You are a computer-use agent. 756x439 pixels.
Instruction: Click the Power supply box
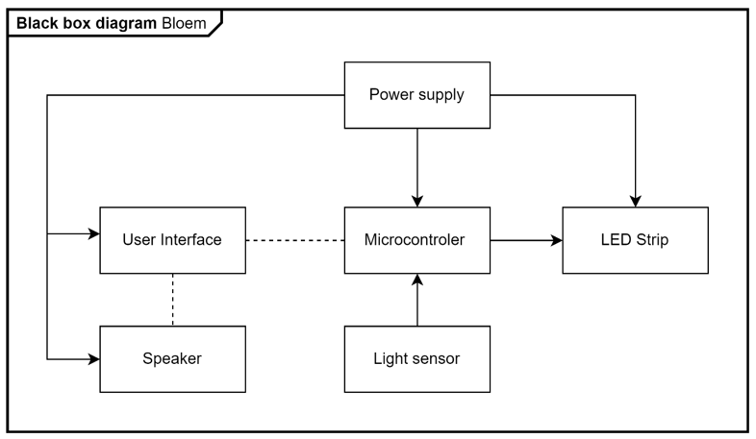pyautogui.click(x=417, y=95)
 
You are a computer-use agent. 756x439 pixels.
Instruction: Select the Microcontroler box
pyautogui.click(x=417, y=240)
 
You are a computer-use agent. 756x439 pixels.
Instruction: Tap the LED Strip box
pyautogui.click(x=635, y=240)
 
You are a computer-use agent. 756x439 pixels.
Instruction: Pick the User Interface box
pyautogui.click(x=172, y=240)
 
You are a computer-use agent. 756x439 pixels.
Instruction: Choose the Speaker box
pyautogui.click(x=172, y=359)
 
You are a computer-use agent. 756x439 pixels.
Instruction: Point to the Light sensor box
pyautogui.click(x=417, y=359)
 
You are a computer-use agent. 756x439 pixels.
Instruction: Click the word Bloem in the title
pyautogui.click(x=184, y=23)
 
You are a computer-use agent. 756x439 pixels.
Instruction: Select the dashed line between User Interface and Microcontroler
pyautogui.click(x=295, y=240)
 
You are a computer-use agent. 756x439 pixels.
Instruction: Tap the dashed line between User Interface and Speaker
pyautogui.click(x=172, y=300)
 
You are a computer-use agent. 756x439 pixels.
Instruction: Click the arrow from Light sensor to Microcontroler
pyautogui.click(x=417, y=300)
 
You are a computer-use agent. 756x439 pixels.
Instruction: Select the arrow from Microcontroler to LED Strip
pyautogui.click(x=526, y=240)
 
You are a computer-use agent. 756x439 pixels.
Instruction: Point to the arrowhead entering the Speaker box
pyautogui.click(x=94, y=359)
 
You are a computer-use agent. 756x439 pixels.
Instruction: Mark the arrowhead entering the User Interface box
pyautogui.click(x=94, y=234)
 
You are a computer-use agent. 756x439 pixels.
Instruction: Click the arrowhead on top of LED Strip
pyautogui.click(x=635, y=201)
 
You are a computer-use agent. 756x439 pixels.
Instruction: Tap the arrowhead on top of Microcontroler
pyautogui.click(x=417, y=201)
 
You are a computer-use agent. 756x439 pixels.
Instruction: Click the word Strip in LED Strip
pyautogui.click(x=652, y=240)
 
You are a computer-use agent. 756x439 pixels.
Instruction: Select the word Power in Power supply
pyautogui.click(x=389, y=94)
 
